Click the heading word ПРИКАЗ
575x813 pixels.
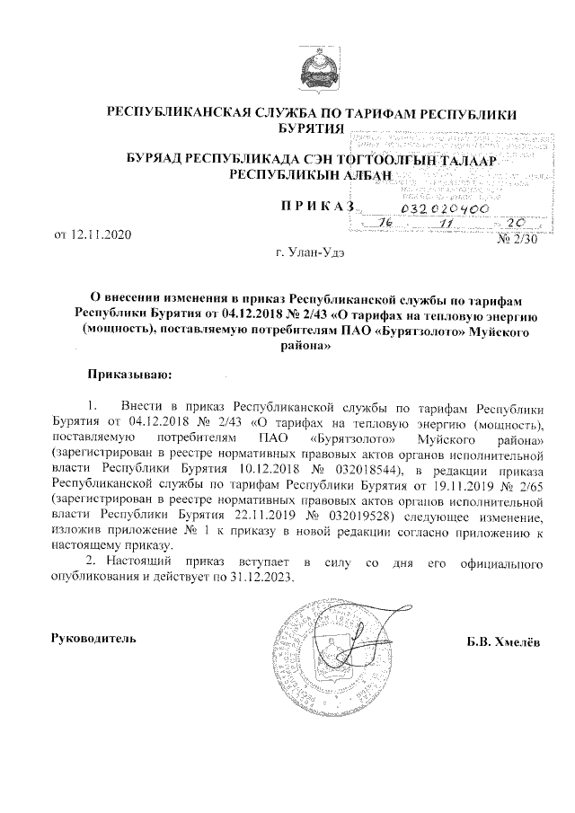pos(317,208)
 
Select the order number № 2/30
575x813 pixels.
pos(516,239)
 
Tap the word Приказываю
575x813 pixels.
pos(128,371)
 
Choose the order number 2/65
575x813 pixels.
pos(526,482)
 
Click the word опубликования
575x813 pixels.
pos(98,578)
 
